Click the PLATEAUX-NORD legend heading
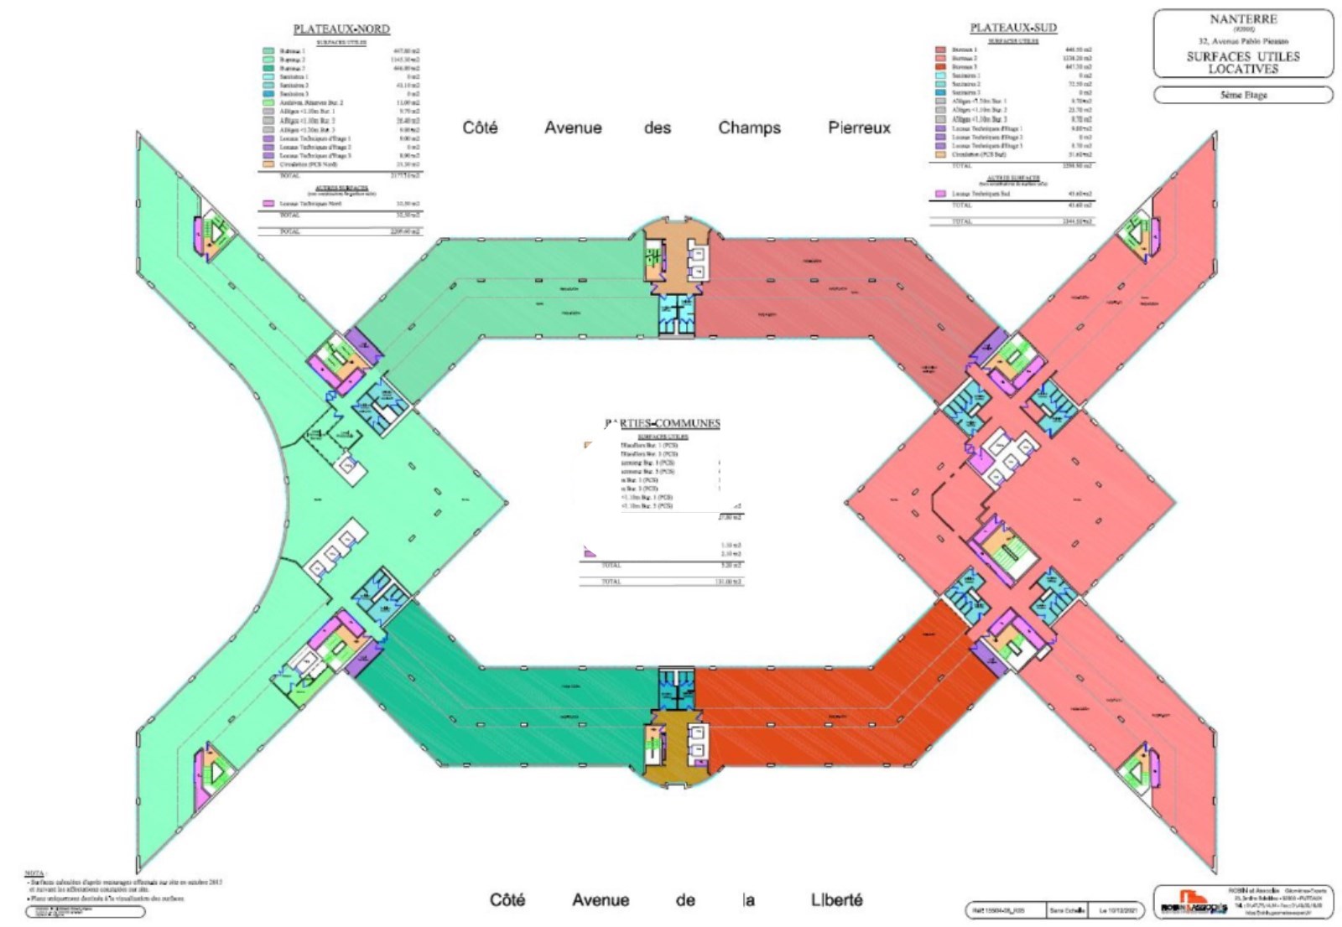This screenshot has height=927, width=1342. (x=341, y=28)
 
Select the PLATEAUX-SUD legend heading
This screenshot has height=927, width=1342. (x=1013, y=28)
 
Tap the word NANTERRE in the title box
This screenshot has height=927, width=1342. (x=1243, y=19)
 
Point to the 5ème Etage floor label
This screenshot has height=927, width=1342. (x=1243, y=95)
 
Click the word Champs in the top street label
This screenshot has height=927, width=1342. (x=749, y=128)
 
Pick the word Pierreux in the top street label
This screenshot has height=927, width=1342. (x=859, y=128)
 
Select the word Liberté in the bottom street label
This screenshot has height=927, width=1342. (x=836, y=899)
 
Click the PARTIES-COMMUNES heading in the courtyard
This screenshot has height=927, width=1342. (x=663, y=423)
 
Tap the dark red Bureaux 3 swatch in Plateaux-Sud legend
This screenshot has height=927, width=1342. (x=941, y=67)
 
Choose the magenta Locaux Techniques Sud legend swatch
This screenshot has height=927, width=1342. (x=941, y=194)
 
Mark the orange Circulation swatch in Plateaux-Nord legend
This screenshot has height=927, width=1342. (x=268, y=164)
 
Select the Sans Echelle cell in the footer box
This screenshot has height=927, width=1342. (x=1069, y=910)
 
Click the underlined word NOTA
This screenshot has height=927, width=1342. (x=35, y=873)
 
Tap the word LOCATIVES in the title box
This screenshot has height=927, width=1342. (x=1243, y=69)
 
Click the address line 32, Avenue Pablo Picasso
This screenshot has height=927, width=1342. (x=1243, y=40)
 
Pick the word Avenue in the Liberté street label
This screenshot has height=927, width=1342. (x=601, y=900)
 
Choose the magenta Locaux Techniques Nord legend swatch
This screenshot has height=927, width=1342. (x=268, y=203)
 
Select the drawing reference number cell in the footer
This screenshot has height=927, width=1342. (x=1005, y=910)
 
